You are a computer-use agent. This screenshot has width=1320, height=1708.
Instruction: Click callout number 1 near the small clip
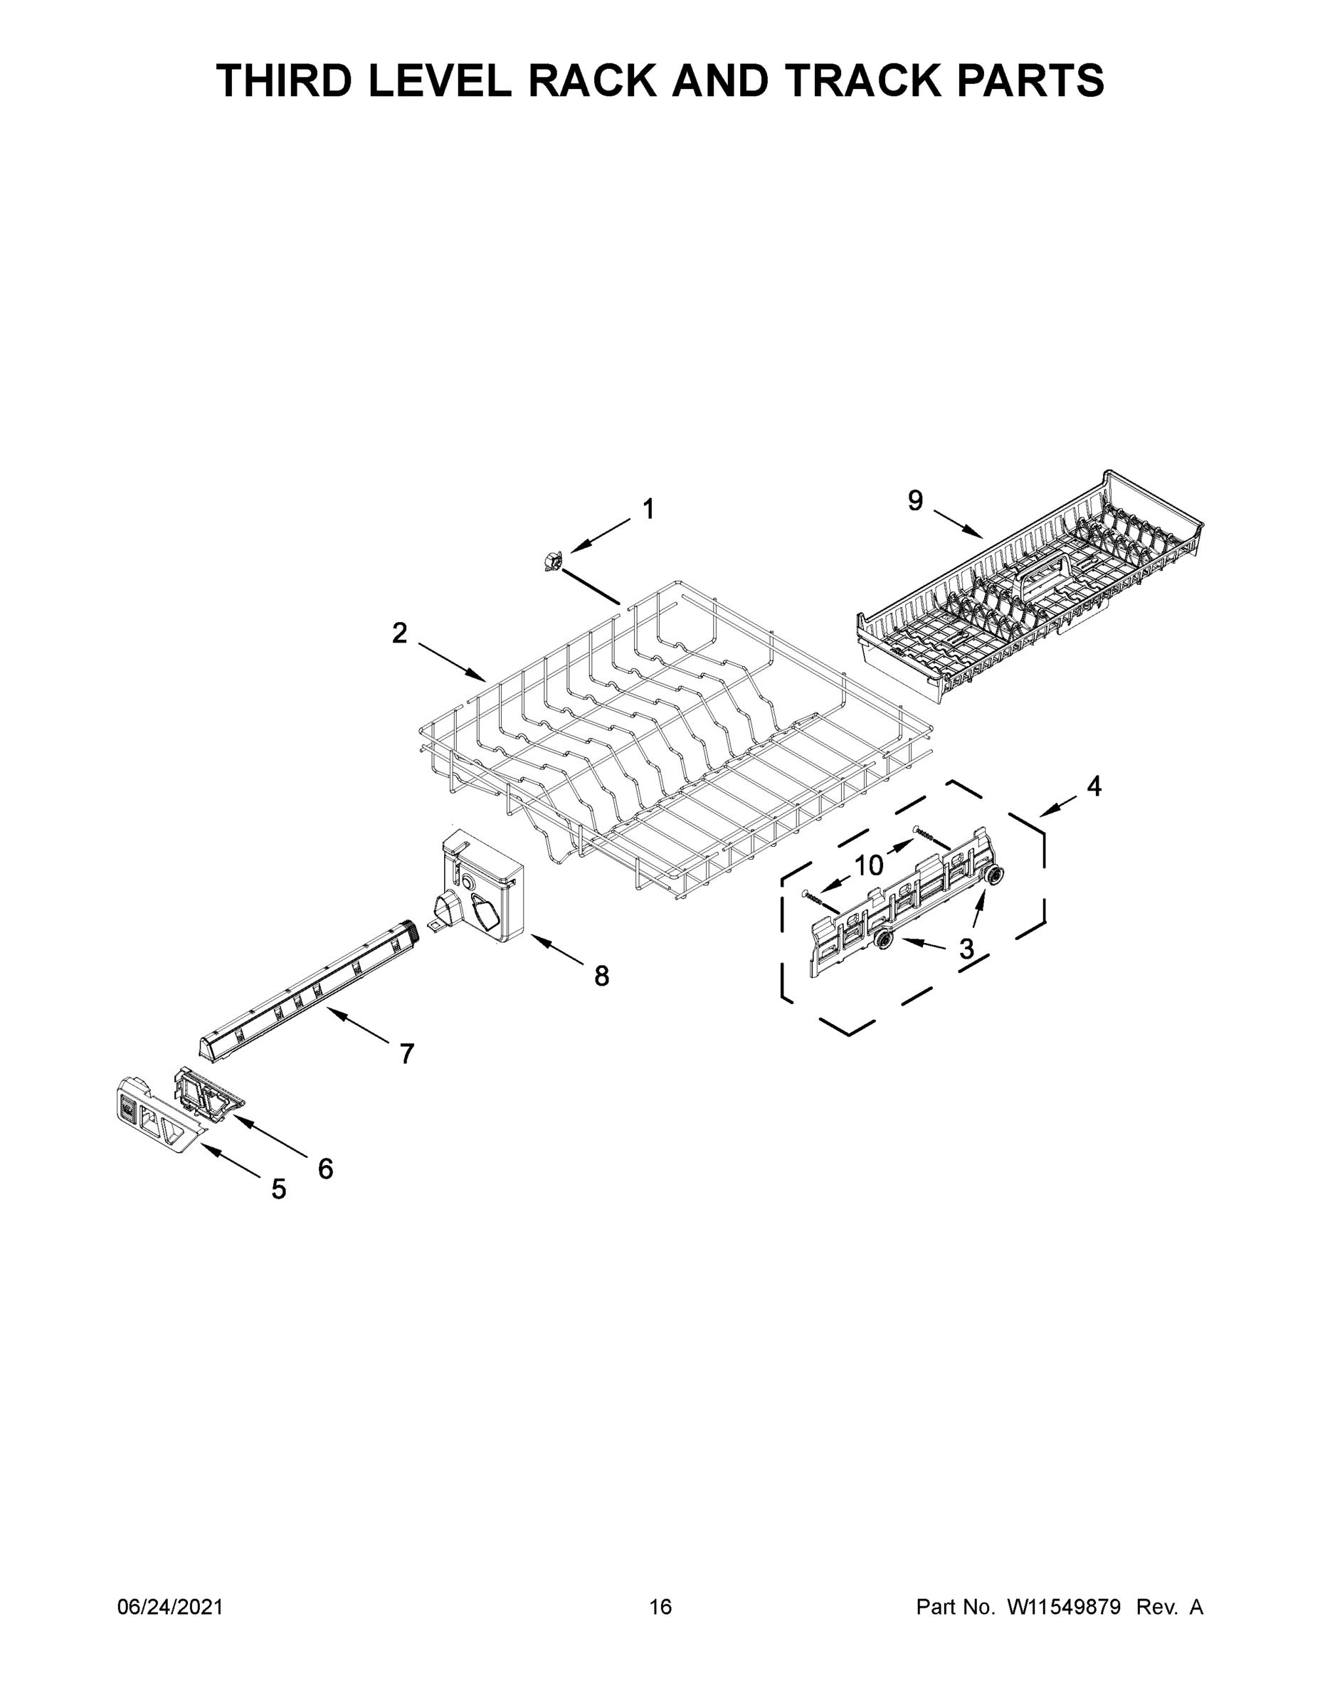(x=648, y=509)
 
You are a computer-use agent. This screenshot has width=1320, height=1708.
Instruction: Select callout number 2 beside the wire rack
(x=400, y=633)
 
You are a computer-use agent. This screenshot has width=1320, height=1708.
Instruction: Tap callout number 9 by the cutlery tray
(x=915, y=500)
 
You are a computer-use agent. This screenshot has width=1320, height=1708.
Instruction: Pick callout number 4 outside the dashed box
(x=1094, y=786)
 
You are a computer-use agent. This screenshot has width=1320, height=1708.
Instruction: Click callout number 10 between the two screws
(x=868, y=865)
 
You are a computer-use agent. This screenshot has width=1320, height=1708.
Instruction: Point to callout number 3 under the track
(x=966, y=949)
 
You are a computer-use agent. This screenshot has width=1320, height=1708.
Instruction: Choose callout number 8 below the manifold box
(x=601, y=976)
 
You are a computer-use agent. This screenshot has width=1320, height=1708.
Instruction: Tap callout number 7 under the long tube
(x=406, y=1054)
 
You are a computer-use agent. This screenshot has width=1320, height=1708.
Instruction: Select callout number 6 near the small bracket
(x=325, y=1169)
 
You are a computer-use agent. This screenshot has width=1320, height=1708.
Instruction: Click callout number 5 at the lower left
(x=278, y=1189)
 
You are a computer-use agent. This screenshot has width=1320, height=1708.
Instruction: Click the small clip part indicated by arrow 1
(x=554, y=560)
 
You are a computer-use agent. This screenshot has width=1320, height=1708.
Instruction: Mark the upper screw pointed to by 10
(x=930, y=836)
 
